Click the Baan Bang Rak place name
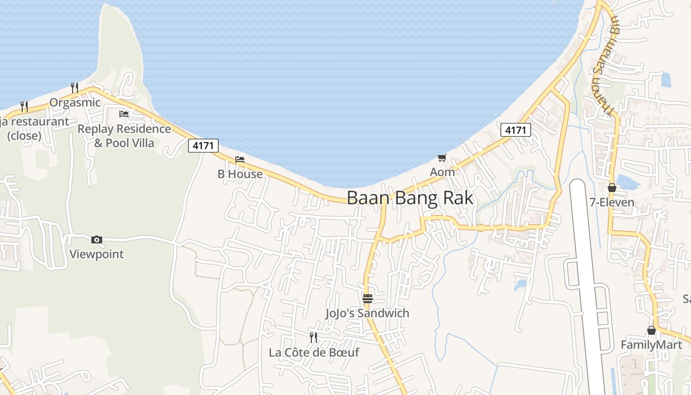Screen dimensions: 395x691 tap(410, 198)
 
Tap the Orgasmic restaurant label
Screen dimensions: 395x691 tap(75, 103)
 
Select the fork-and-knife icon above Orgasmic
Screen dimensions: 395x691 tap(75, 88)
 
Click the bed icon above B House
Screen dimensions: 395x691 tap(240, 159)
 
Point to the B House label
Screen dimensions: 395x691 tap(240, 174)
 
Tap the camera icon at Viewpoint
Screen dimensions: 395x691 tap(97, 240)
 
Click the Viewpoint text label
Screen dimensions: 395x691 tap(97, 254)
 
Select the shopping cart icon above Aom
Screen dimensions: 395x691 tap(442, 158)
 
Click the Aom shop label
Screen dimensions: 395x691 tap(442, 172)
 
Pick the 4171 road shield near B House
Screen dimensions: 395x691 tap(203, 146)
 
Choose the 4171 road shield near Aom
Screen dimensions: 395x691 tap(516, 130)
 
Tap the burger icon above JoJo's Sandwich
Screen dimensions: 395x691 tap(368, 299)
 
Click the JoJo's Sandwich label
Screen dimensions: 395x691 tap(368, 313)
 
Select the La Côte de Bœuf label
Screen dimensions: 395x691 tap(314, 353)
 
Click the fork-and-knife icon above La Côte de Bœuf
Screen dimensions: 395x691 tap(313, 338)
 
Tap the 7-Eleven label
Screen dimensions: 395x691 tap(612, 202)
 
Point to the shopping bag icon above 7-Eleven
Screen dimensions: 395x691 tap(612, 188)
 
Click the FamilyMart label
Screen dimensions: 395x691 tap(651, 345)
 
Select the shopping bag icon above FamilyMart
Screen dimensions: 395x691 tap(652, 330)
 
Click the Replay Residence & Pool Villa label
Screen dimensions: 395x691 tap(124, 136)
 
